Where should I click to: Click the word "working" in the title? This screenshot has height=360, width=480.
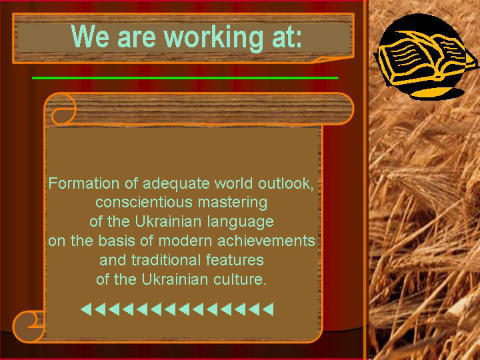(213, 37)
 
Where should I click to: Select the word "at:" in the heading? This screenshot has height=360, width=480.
(287, 37)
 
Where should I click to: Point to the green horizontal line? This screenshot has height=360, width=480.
(185, 78)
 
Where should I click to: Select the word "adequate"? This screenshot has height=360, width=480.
(176, 184)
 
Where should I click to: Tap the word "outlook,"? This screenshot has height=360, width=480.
(285, 184)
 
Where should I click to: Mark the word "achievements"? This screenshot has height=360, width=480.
(266, 241)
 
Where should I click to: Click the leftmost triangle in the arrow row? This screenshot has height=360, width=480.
(86, 309)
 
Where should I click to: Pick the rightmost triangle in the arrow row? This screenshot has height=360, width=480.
(268, 309)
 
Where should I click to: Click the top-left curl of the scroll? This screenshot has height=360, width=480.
(63, 109)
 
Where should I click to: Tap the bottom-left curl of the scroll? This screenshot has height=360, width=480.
(28, 326)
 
